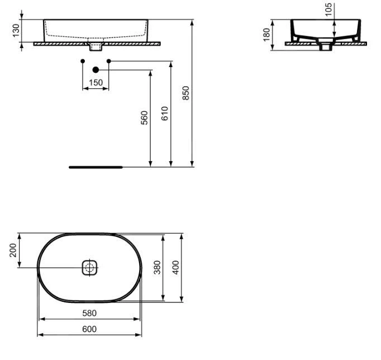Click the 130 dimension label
[x=16, y=30]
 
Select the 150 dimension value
[x=96, y=83]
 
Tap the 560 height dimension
[x=144, y=117]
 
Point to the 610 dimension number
[x=164, y=113]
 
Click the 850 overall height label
[x=185, y=93]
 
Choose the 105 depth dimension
[x=328, y=10]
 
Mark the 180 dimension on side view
[x=266, y=35]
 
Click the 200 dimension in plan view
[x=13, y=250]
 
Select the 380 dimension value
[x=157, y=267]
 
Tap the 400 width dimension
[x=175, y=267]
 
